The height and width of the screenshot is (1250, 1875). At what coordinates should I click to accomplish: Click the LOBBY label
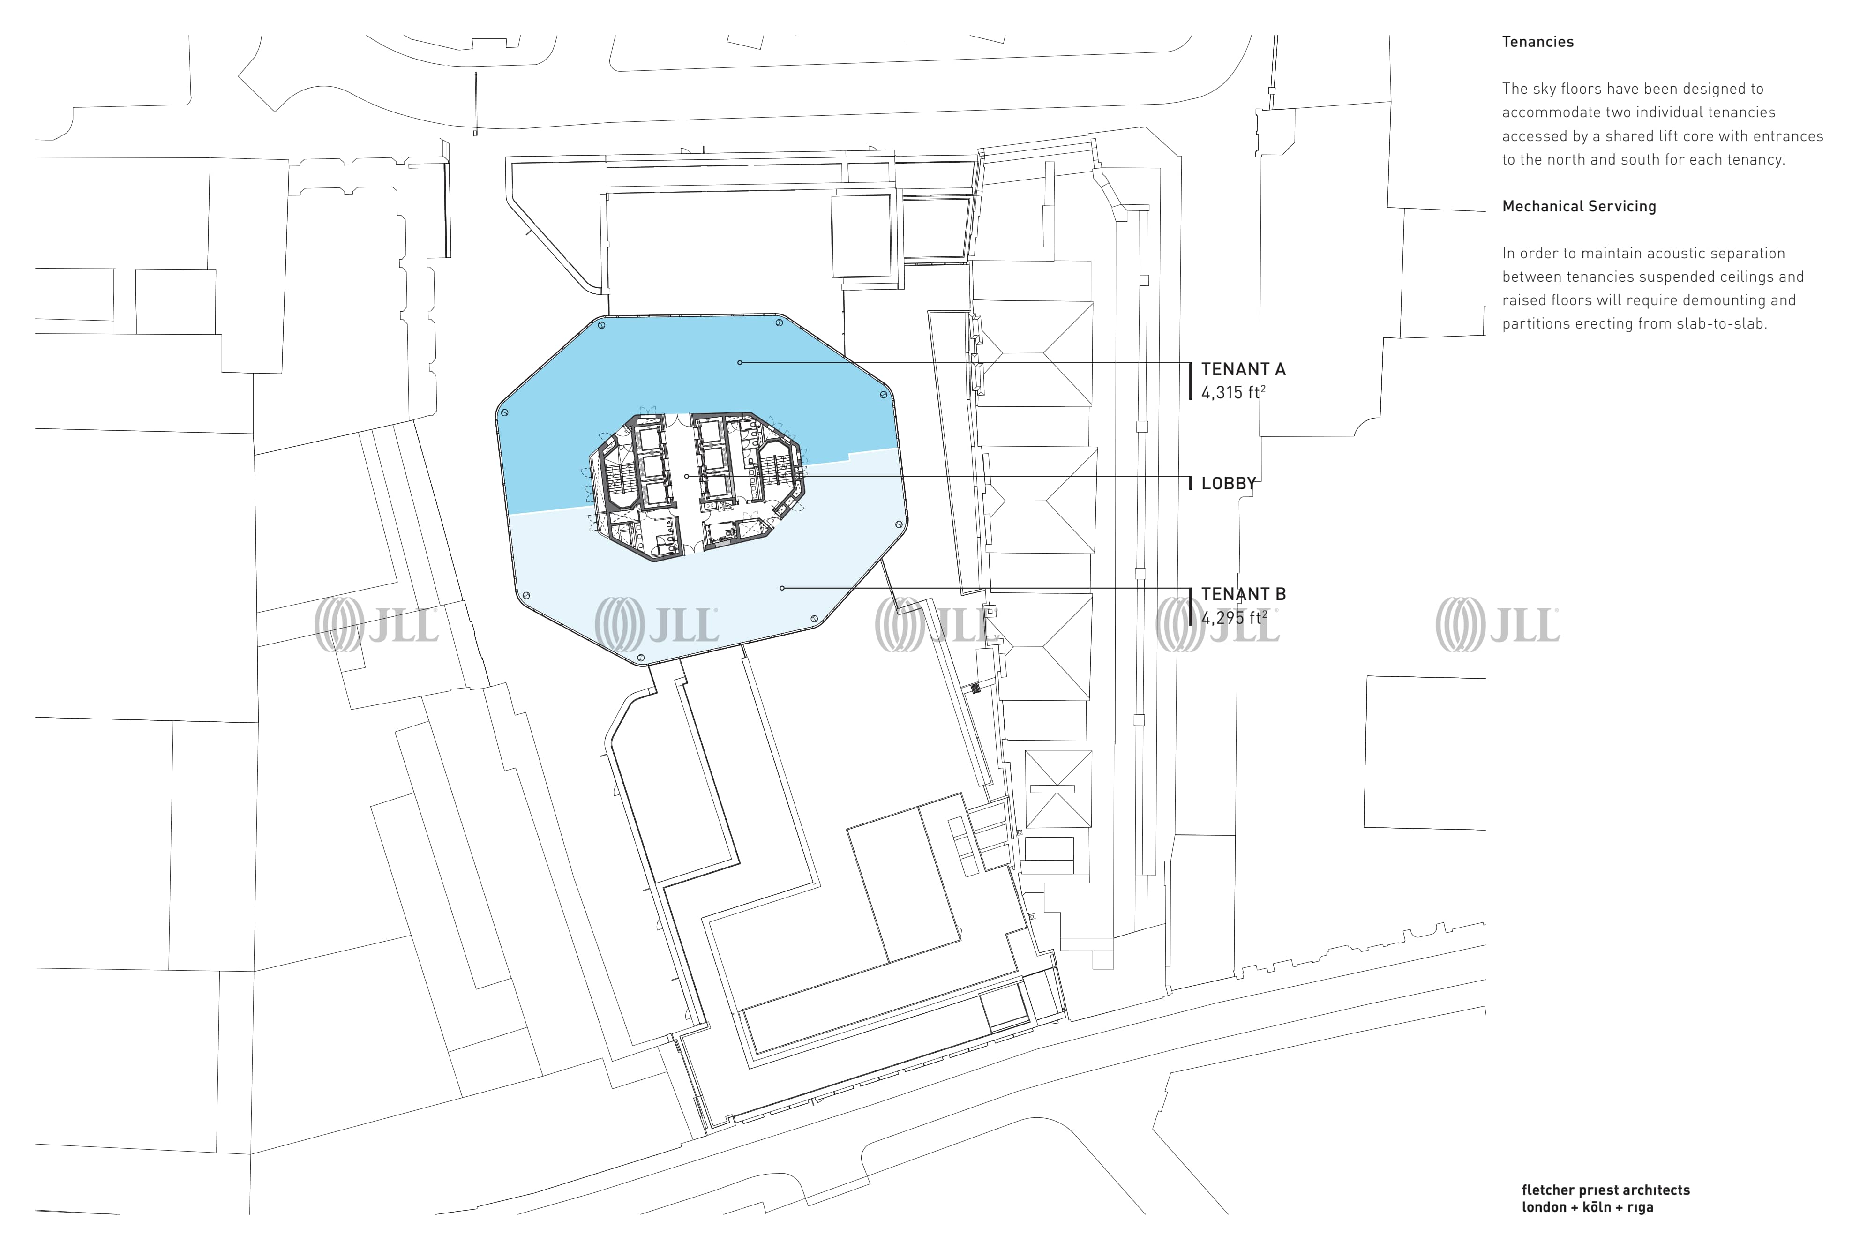(x=1229, y=483)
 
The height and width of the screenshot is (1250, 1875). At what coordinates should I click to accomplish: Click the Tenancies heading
(x=1538, y=42)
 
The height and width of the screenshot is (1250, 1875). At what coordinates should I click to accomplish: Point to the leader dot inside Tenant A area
(x=740, y=363)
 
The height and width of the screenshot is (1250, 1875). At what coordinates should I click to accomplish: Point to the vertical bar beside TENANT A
(x=1191, y=380)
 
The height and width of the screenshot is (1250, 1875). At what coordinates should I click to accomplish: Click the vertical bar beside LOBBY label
(x=1191, y=483)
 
